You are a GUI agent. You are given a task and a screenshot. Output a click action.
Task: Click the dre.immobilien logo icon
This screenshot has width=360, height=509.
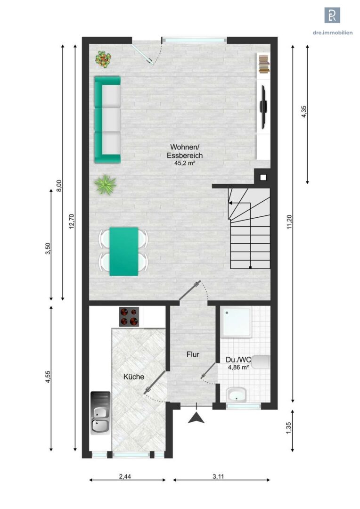tap(332, 15)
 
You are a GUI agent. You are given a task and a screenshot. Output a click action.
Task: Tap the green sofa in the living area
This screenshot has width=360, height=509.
tap(107, 120)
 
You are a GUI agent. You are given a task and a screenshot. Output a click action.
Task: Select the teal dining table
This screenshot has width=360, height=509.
tap(124, 251)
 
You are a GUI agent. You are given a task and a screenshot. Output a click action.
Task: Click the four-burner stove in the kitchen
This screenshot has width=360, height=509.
tap(130, 317)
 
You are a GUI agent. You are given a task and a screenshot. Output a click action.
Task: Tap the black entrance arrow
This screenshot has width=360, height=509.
tap(196, 418)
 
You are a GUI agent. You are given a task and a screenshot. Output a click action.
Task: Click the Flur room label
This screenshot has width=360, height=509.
tap(193, 354)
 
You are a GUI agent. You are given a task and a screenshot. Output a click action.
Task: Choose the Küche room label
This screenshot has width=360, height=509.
tap(133, 377)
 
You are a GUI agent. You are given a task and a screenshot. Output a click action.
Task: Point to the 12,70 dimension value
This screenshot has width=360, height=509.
tap(72, 222)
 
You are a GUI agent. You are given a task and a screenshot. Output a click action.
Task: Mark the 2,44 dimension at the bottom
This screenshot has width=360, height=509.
tap(125, 476)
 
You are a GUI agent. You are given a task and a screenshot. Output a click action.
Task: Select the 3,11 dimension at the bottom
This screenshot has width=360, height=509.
tap(218, 476)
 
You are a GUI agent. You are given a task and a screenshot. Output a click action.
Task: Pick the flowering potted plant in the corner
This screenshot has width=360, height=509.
tap(104, 59)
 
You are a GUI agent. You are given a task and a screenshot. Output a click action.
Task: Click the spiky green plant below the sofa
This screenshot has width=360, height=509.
tap(105, 184)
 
